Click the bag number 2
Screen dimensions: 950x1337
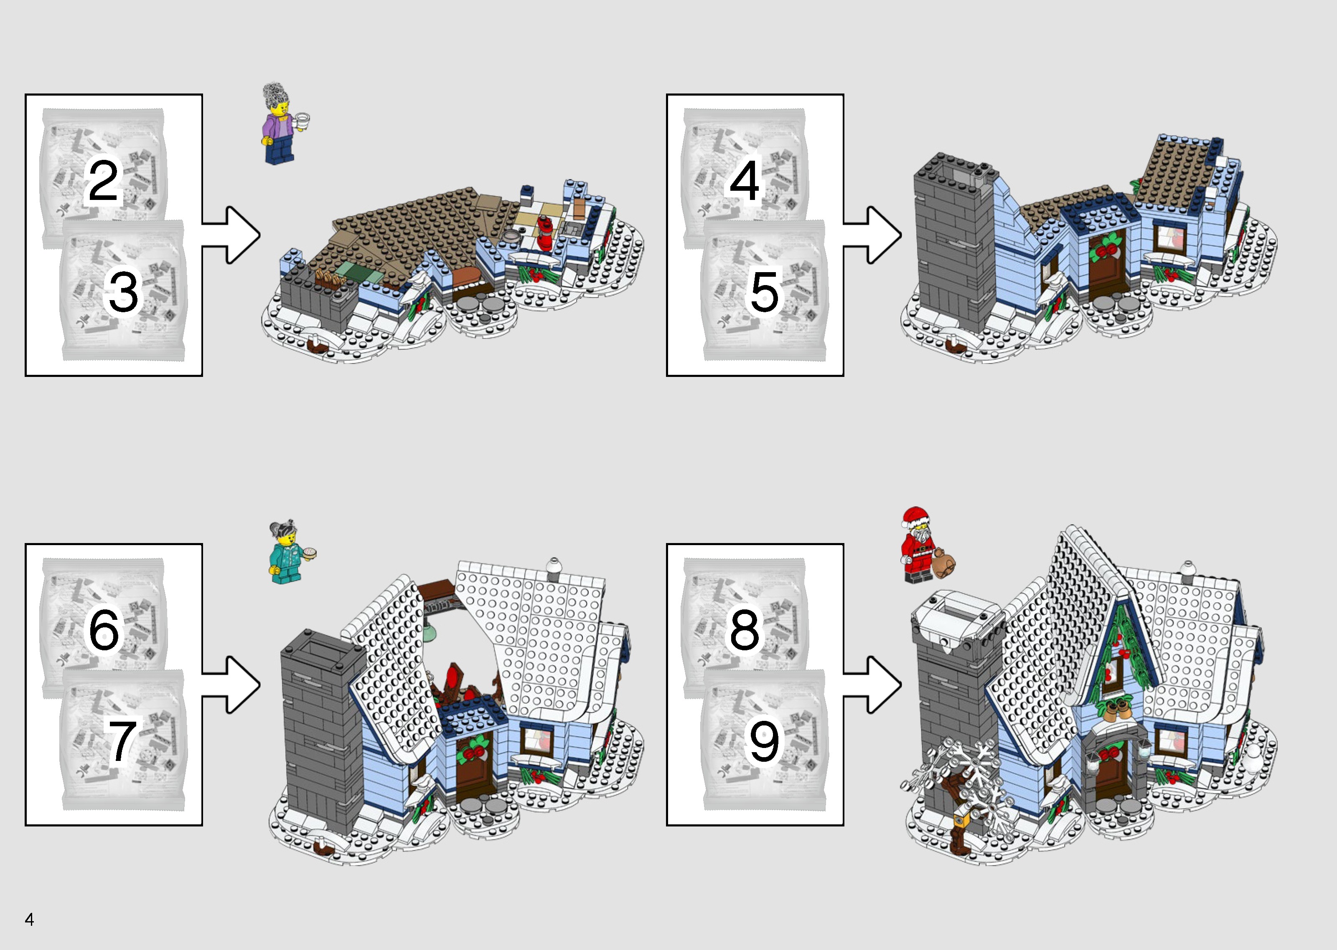coord(103,180)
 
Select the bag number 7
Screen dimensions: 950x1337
coord(122,740)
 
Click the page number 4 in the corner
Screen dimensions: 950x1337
coord(29,920)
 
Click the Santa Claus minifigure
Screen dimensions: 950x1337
coord(917,546)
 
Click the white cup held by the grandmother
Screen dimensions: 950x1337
coord(302,122)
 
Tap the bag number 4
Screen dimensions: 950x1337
coord(745,180)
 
